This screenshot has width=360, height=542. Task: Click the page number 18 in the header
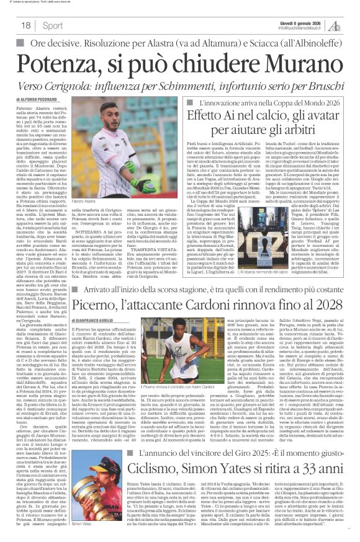pyautogui.click(x=25, y=25)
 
